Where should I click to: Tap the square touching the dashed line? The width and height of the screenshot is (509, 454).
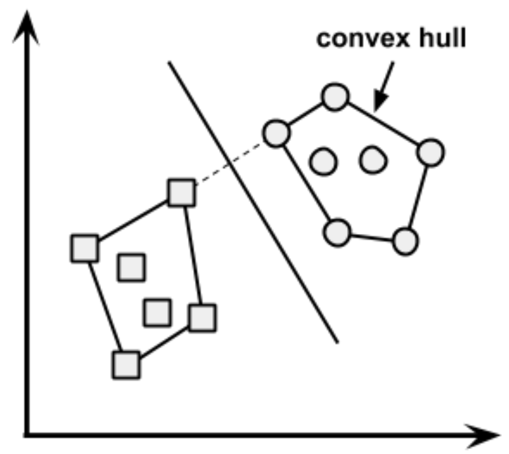[182, 193]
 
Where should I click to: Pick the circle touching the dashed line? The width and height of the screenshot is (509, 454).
[276, 134]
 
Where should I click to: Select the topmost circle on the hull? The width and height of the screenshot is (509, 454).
[334, 97]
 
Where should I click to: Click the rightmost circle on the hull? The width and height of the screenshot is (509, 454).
[431, 153]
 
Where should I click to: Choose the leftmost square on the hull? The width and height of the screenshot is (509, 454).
[84, 248]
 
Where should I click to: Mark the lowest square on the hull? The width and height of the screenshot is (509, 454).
[126, 365]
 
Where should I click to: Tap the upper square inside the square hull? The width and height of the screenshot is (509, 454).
[132, 266]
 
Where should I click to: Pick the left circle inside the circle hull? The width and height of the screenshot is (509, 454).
[323, 161]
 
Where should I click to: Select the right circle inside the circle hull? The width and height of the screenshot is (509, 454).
[373, 160]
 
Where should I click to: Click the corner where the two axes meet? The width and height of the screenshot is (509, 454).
[27, 436]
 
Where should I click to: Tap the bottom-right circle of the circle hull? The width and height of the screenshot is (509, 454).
[404, 241]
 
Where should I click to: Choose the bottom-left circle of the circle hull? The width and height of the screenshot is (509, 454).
[337, 232]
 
